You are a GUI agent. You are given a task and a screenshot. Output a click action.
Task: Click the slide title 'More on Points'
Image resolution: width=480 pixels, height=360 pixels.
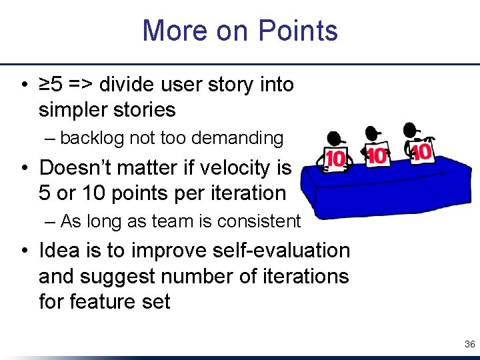pos(240,31)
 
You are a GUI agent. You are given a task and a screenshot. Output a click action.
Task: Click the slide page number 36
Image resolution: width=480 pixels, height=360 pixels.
pos(469,344)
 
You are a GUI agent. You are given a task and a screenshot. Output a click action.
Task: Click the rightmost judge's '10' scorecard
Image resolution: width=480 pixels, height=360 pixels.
pos(421,152)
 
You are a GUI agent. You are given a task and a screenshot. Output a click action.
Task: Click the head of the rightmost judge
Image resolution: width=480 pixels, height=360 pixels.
pos(411,129)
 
